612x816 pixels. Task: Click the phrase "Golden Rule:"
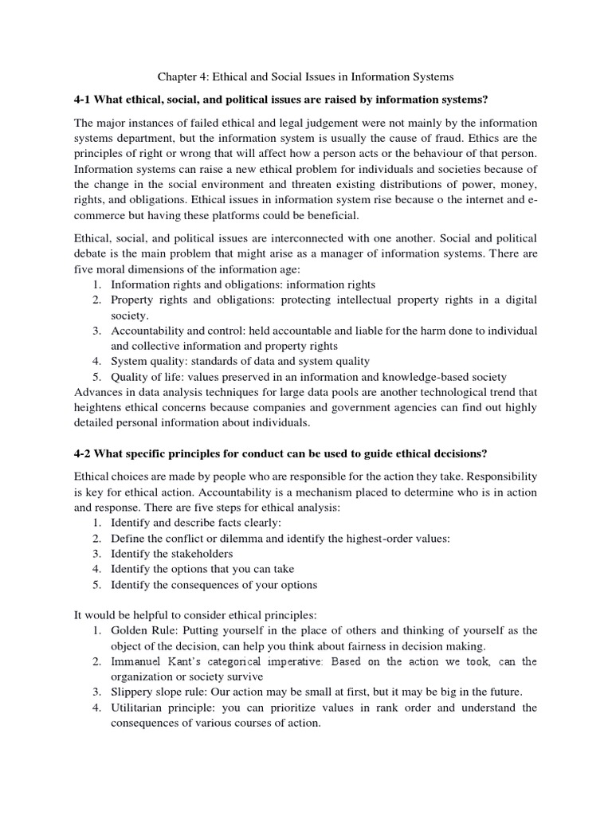(142, 630)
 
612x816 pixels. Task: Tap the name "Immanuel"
(136, 661)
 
